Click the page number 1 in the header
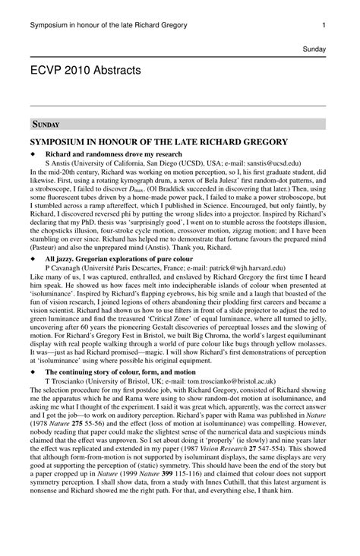click(x=324, y=25)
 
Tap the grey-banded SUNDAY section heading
click(x=46, y=124)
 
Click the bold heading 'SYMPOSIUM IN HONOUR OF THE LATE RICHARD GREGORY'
click(x=159, y=142)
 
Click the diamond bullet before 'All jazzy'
click(x=33, y=259)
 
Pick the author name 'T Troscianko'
click(x=67, y=381)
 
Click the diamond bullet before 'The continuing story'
click(x=33, y=372)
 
